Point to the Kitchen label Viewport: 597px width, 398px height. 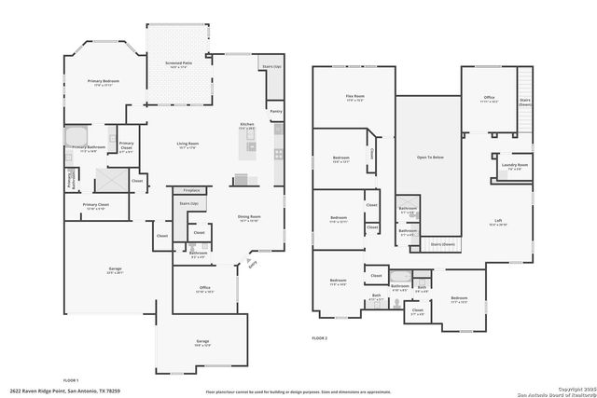click(248, 124)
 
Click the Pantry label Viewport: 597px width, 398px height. click(275, 111)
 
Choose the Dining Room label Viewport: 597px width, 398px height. click(249, 218)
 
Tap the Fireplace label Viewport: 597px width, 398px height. click(190, 190)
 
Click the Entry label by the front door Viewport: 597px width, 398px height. click(251, 264)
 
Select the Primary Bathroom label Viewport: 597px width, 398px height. click(86, 147)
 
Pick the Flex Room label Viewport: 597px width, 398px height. click(354, 98)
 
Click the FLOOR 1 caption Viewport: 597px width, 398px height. click(71, 380)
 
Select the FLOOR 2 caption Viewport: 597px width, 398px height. click(320, 336)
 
